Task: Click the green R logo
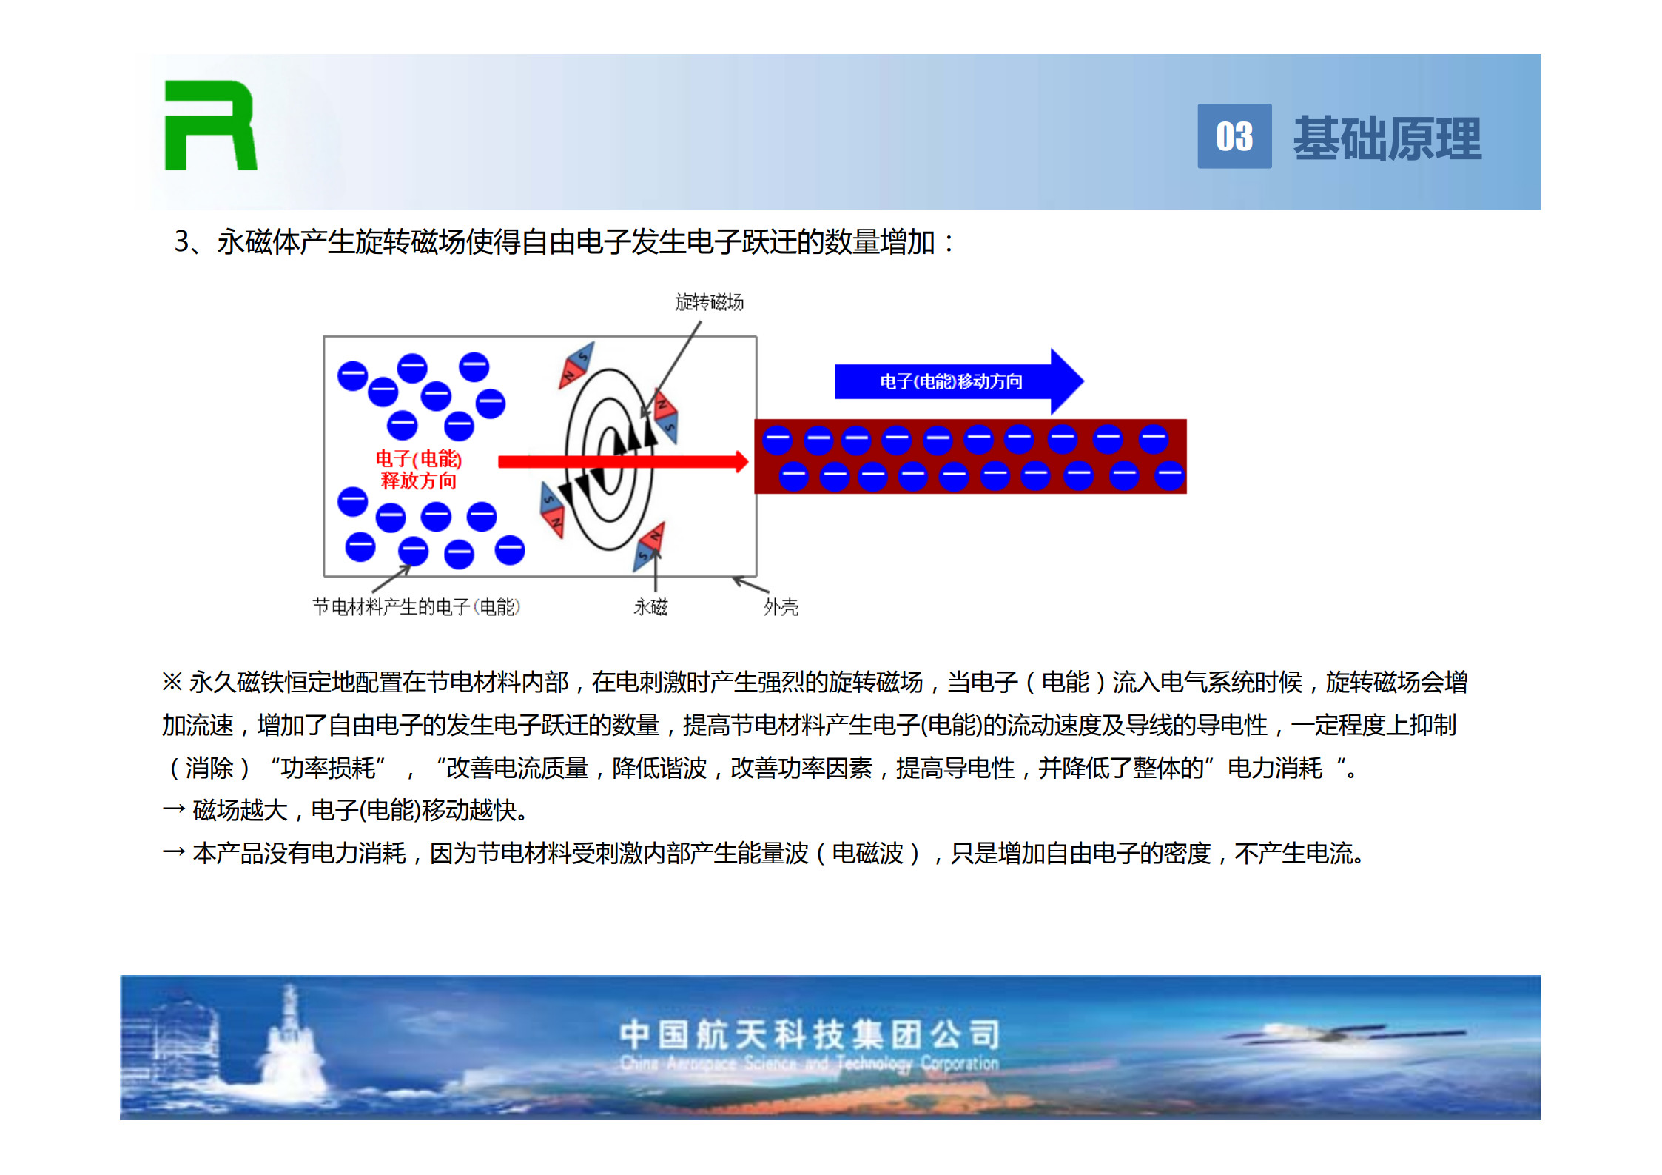click(x=210, y=125)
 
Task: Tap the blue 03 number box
click(x=1234, y=136)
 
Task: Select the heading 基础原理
click(x=1387, y=138)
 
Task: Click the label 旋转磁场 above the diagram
click(x=709, y=302)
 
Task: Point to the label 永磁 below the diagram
click(x=650, y=607)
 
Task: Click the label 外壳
click(x=781, y=607)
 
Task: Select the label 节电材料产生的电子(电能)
click(x=417, y=607)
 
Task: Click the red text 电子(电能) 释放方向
click(x=418, y=469)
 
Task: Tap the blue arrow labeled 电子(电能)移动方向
click(x=959, y=381)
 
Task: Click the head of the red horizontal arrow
click(x=741, y=461)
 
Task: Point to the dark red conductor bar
click(x=970, y=456)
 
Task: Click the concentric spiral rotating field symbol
click(x=609, y=459)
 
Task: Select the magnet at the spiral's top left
click(x=576, y=364)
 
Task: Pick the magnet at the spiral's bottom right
click(x=649, y=546)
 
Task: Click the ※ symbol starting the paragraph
click(x=172, y=681)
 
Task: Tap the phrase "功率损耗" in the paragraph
click(x=328, y=768)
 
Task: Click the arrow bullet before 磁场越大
click(x=173, y=810)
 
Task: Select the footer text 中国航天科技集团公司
click(x=810, y=1034)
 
